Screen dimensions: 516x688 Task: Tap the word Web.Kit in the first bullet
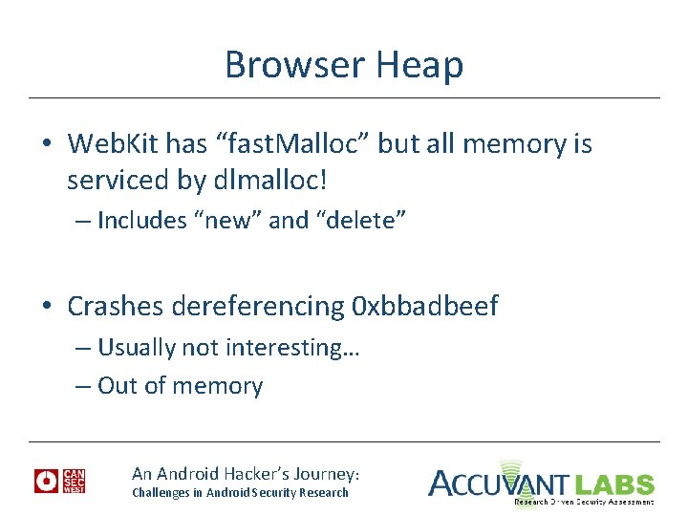point(114,144)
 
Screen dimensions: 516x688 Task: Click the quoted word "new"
point(228,221)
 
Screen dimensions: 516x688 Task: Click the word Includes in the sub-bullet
point(141,221)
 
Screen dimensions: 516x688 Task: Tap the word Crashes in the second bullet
point(117,307)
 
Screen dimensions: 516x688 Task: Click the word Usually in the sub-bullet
point(137,348)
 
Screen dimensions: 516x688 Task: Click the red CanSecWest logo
point(59,482)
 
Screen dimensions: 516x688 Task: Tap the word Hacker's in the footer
point(288,474)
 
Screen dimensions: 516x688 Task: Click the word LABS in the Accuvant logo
point(613,484)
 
